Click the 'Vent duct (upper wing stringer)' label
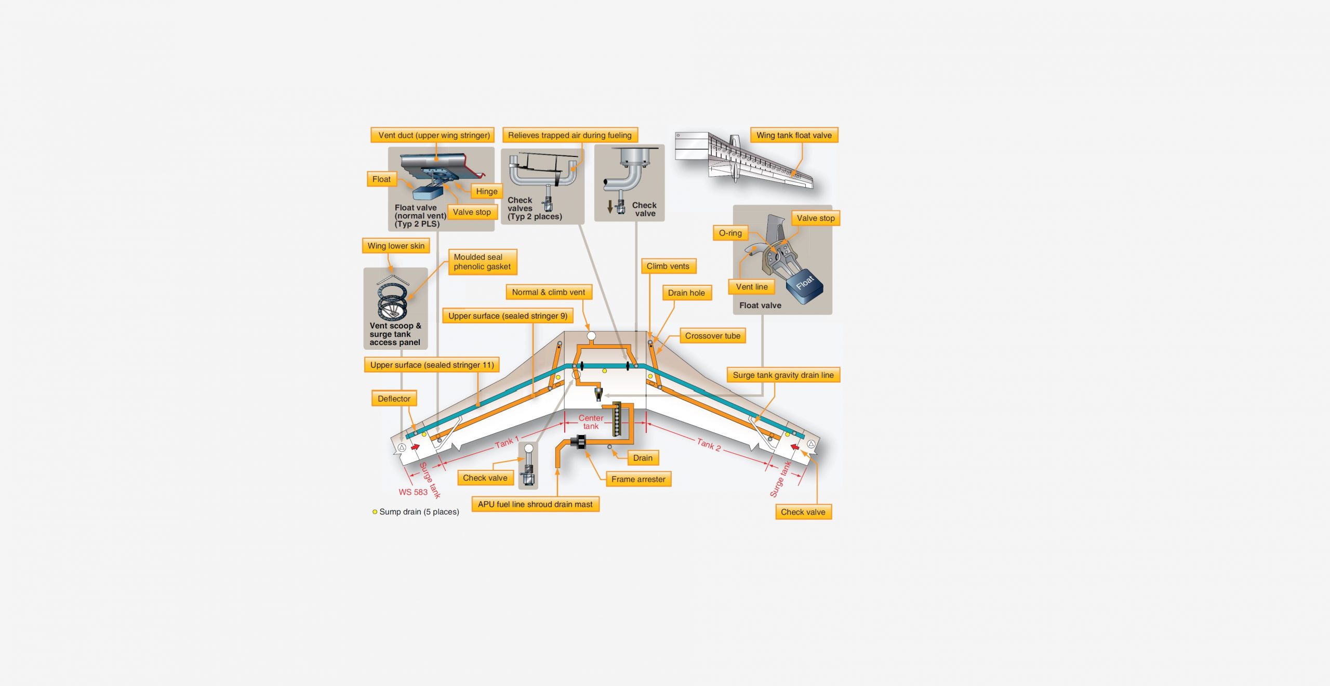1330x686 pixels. pyautogui.click(x=434, y=135)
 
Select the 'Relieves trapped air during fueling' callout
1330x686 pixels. pyautogui.click(x=569, y=135)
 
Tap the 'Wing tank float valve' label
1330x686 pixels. pyautogui.click(x=793, y=135)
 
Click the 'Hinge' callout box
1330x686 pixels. pyautogui.click(x=486, y=191)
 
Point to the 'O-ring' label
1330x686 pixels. pyautogui.click(x=730, y=233)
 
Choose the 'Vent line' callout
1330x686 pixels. pyautogui.click(x=751, y=286)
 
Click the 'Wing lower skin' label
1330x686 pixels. pyautogui.click(x=395, y=246)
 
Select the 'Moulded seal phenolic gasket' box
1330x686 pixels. pyautogui.click(x=482, y=261)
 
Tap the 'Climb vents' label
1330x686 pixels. pyautogui.click(x=668, y=266)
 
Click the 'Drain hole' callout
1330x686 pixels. pyautogui.click(x=686, y=293)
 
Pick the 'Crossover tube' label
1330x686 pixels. pyautogui.click(x=712, y=336)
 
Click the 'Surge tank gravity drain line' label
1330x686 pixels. pyautogui.click(x=783, y=375)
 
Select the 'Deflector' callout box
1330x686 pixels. pyautogui.click(x=394, y=399)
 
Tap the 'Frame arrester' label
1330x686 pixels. pyautogui.click(x=638, y=479)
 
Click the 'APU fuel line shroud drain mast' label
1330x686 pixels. pyautogui.click(x=535, y=504)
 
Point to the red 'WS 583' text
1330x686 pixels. pyautogui.click(x=413, y=492)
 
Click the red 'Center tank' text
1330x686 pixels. pyautogui.click(x=591, y=421)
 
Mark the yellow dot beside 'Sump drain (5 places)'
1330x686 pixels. pyautogui.click(x=375, y=512)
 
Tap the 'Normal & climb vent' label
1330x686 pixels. pyautogui.click(x=548, y=292)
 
